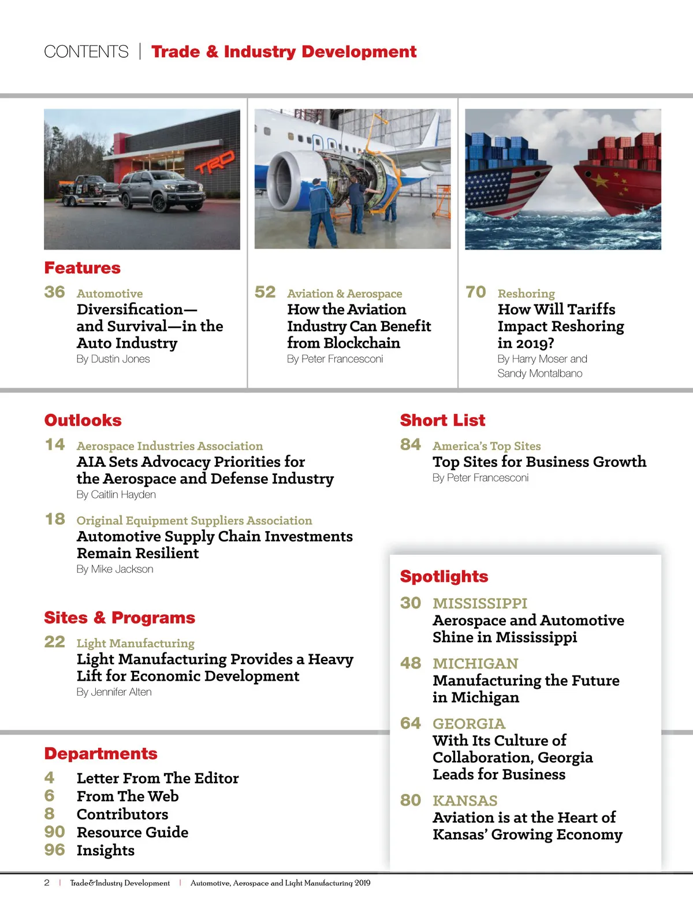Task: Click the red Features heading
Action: click(83, 268)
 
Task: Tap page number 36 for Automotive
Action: click(55, 292)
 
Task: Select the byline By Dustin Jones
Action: click(113, 359)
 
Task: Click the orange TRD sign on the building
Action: click(215, 162)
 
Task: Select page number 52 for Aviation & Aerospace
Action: click(265, 292)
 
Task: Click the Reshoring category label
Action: click(526, 294)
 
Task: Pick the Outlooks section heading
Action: click(83, 420)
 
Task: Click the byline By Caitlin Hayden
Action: click(116, 495)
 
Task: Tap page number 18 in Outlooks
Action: click(55, 519)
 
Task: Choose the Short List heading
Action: click(442, 420)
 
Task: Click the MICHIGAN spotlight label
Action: click(475, 663)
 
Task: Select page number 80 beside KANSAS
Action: click(411, 800)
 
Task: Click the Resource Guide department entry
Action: click(132, 832)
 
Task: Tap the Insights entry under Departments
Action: click(106, 850)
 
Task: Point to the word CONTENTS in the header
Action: click(87, 52)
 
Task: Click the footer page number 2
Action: click(47, 882)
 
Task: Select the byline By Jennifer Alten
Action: click(114, 692)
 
